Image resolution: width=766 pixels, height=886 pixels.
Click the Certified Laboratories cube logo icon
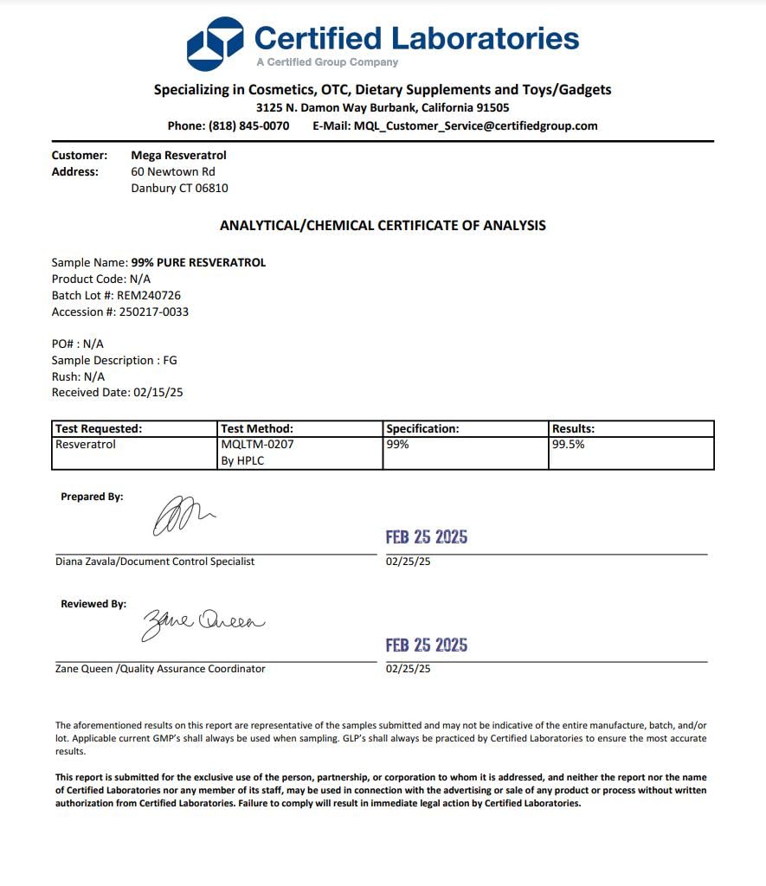click(x=216, y=43)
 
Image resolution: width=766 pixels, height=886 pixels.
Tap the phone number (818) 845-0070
click(x=249, y=125)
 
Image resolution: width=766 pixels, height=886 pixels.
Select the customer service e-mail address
click(x=475, y=125)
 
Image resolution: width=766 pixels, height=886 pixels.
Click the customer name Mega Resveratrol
click(x=178, y=155)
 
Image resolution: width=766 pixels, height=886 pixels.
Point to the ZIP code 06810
click(x=211, y=188)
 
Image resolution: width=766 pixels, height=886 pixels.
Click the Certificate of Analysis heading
click(x=383, y=225)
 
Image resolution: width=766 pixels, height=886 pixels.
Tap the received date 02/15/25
click(x=158, y=392)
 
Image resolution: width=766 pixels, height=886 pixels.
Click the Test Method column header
click(x=257, y=428)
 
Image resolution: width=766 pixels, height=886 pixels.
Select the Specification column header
click(x=422, y=428)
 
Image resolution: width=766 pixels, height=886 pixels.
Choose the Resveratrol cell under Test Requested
click(x=86, y=445)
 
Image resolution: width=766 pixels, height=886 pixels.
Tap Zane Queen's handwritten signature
click(x=203, y=623)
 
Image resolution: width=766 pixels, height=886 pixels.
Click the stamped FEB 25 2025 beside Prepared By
click(x=427, y=537)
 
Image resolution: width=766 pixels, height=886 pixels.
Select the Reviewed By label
click(x=93, y=604)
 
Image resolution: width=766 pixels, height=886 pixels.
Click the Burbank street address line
click(x=383, y=108)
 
